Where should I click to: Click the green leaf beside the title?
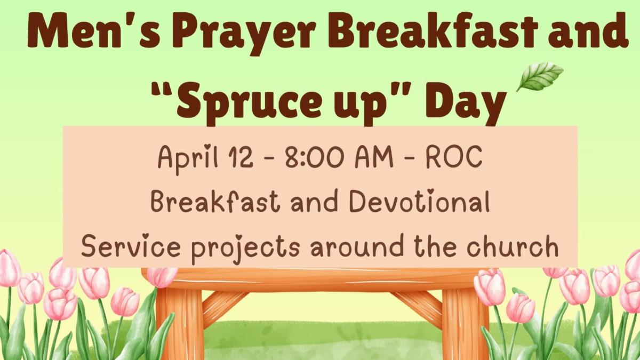[539, 76]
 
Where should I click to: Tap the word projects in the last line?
[246, 247]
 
